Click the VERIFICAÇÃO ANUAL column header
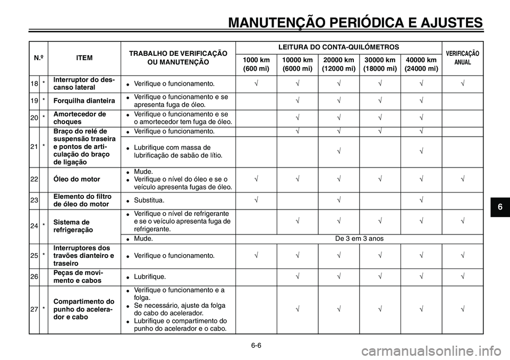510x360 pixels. pyautogui.click(x=462, y=58)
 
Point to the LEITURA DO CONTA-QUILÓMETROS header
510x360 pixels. pyautogui.click(x=338, y=47)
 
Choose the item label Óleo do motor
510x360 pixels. pyautogui.click(x=76, y=179)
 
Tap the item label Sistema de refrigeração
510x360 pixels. pyautogui.click(x=72, y=225)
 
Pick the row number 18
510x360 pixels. pyautogui.click(x=35, y=83)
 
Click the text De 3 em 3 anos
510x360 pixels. pyautogui.click(x=360, y=239)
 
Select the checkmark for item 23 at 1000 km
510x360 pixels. pyautogui.click(x=256, y=200)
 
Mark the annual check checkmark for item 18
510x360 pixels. pyautogui.click(x=462, y=83)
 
